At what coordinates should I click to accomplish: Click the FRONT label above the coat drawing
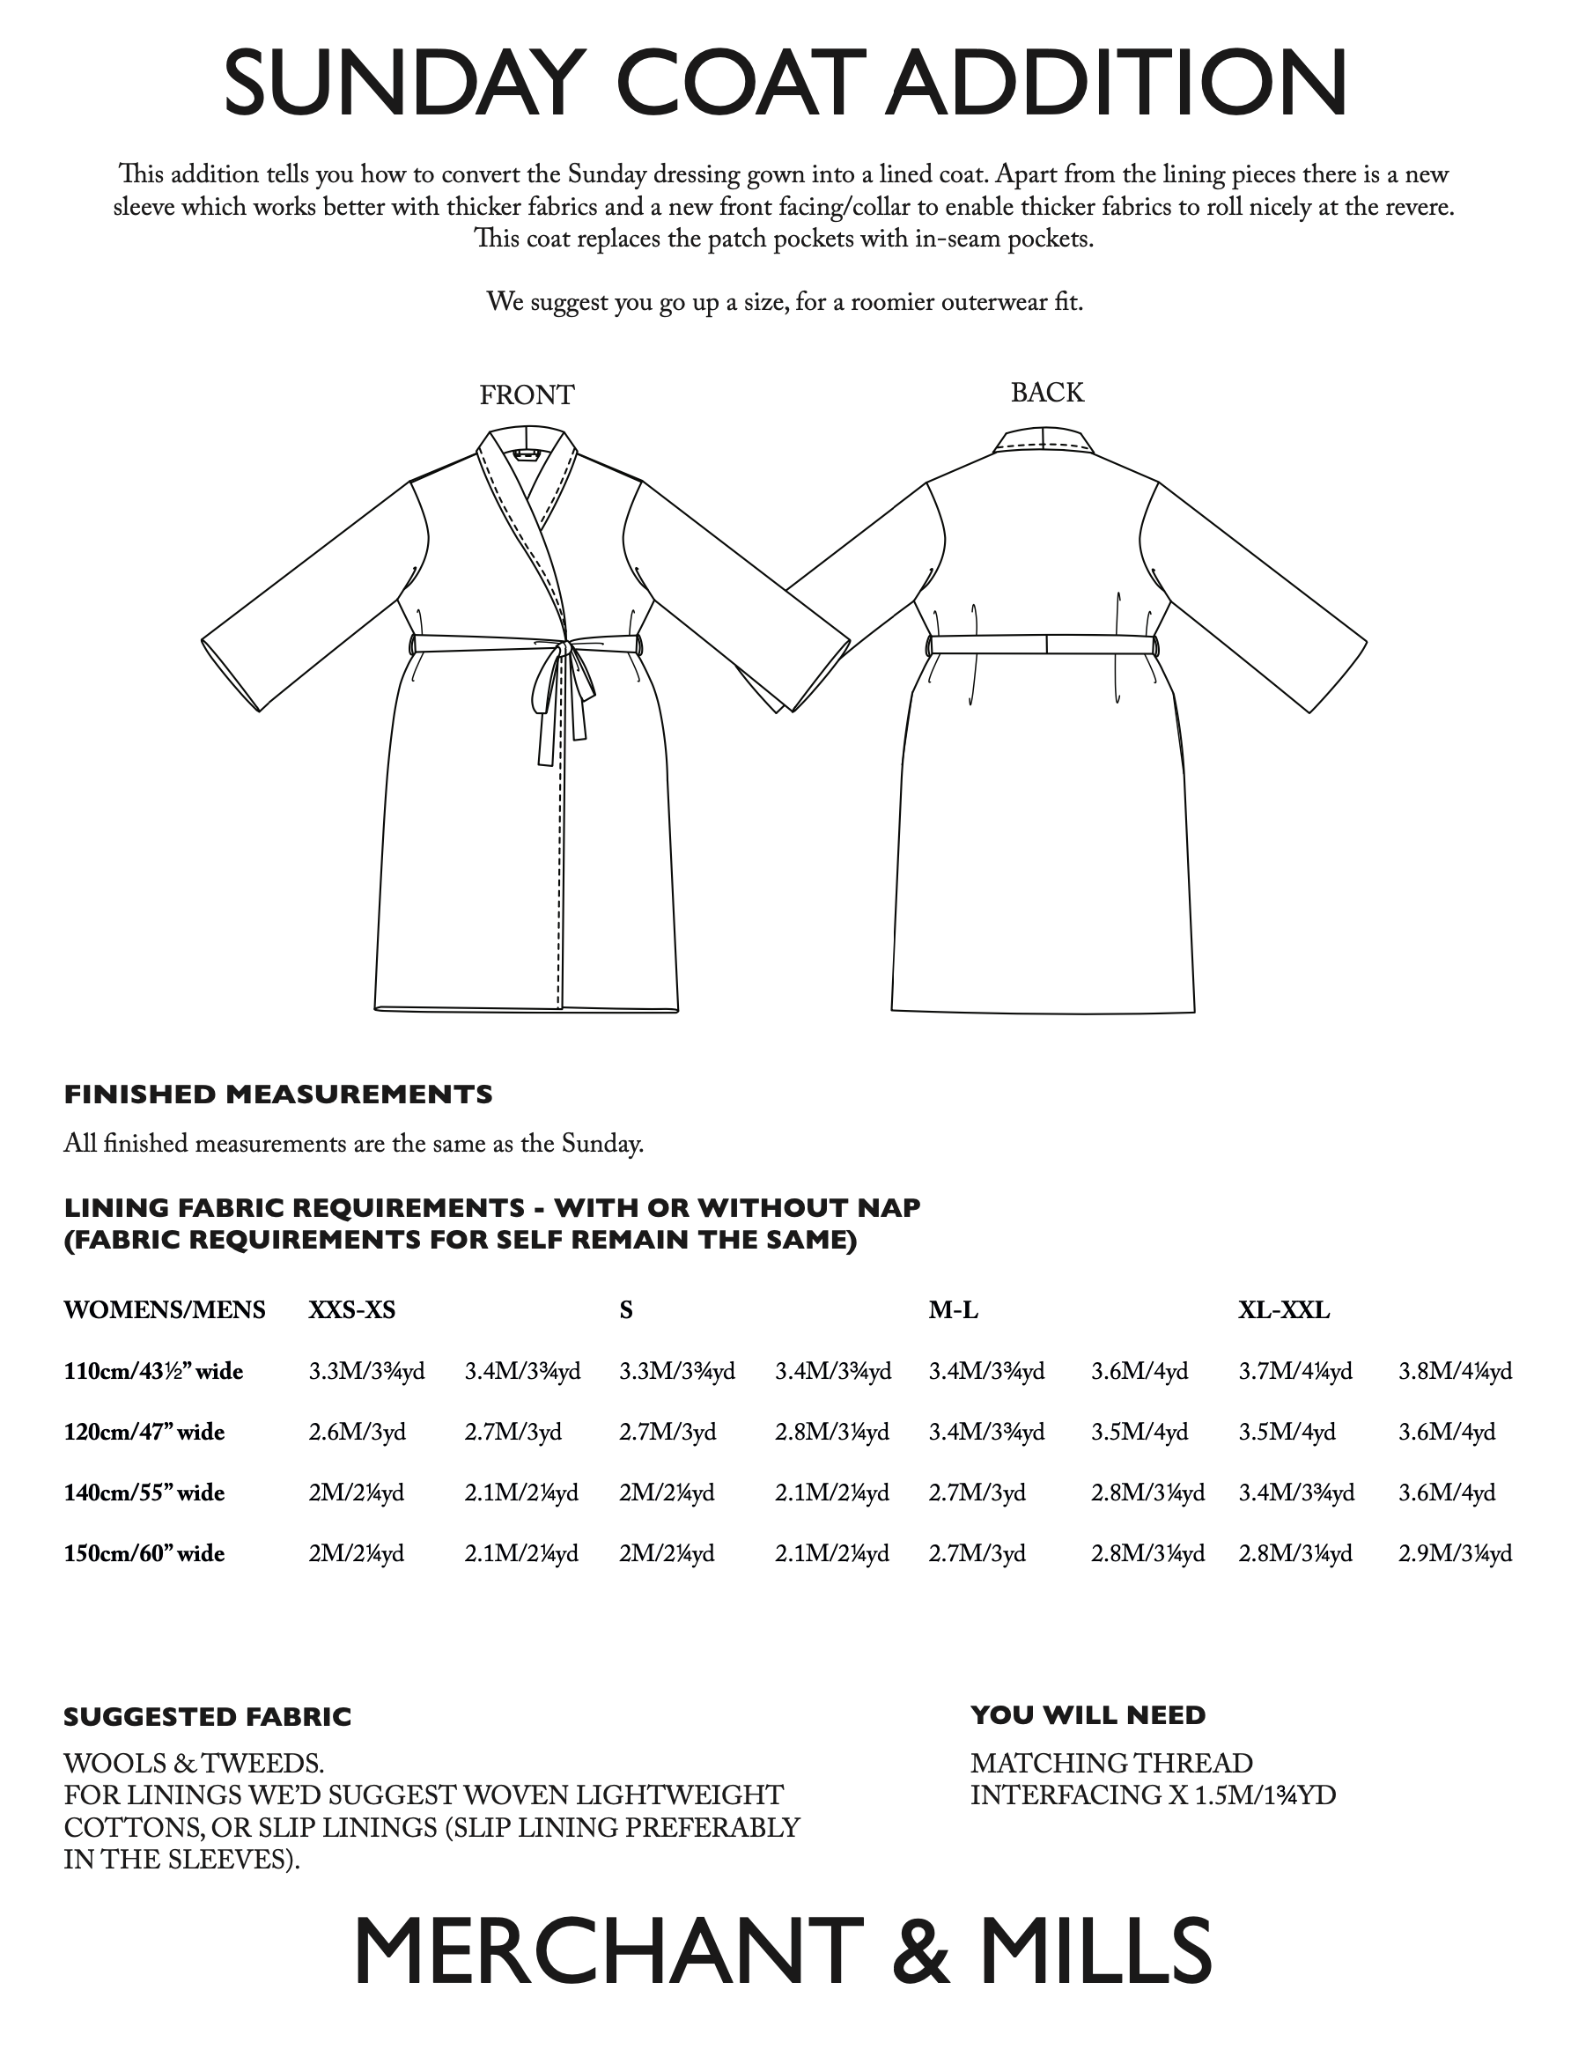pos(527,395)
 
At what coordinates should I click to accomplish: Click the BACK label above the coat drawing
pos(1047,393)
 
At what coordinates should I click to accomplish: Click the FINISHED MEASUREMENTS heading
pos(278,1094)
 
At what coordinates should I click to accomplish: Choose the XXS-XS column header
pos(352,1310)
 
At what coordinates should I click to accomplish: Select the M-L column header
pos(953,1310)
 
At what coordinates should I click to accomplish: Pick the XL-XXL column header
pos(1284,1310)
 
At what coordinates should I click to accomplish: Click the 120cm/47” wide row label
pos(144,1433)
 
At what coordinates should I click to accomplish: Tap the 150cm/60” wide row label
pos(144,1554)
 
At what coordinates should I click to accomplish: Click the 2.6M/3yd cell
pos(357,1433)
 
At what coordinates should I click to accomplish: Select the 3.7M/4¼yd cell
pos(1294,1372)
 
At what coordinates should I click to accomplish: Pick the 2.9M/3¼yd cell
pos(1455,1554)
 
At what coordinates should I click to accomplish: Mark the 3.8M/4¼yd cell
pos(1455,1372)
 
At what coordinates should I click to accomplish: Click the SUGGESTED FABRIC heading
pos(207,1717)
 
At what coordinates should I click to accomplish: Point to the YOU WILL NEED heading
pos(1088,1715)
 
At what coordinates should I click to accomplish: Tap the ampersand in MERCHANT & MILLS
pos(921,1953)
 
